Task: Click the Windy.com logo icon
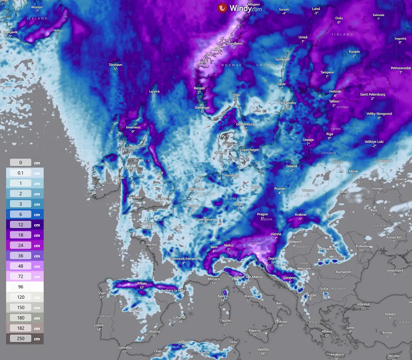[222, 8]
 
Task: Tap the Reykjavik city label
[10, 32]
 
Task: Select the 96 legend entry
[21, 287]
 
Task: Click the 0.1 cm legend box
[21, 173]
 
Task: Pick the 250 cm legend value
[21, 339]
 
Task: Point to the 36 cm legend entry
[21, 256]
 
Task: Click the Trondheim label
[234, 44]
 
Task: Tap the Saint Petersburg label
[373, 94]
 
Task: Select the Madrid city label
[137, 310]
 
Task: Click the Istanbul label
[363, 304]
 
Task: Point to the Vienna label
[276, 234]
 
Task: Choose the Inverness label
[133, 127]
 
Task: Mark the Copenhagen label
[249, 150]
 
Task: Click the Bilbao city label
[142, 284]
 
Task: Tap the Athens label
[327, 331]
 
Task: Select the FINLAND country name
[342, 35]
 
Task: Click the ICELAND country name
[37, 19]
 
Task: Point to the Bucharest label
[343, 272]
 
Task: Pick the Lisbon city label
[99, 325]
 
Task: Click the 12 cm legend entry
[21, 225]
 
